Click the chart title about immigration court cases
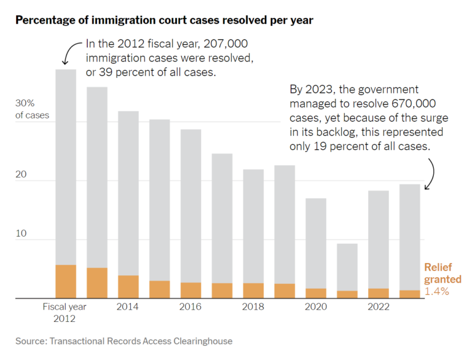164,20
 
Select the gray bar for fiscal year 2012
66,166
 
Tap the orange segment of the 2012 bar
66,281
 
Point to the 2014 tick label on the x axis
128,307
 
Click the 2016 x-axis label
191,307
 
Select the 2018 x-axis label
253,307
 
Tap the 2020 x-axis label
316,307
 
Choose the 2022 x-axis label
379,307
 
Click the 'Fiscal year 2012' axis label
65,313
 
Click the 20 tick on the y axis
21,175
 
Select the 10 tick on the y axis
21,235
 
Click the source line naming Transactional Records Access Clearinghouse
124,340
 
